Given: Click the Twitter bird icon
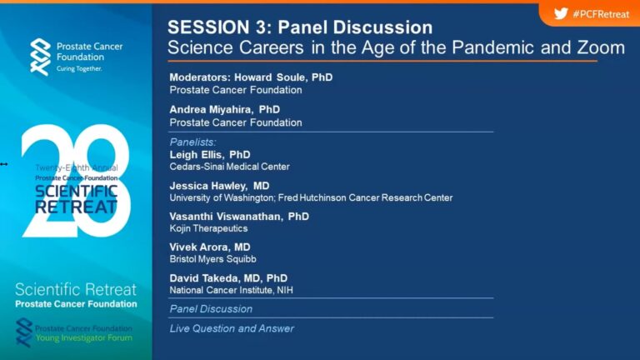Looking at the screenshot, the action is (561, 14).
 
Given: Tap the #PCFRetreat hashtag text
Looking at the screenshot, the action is (601, 14).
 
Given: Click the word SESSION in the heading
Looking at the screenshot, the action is (208, 27).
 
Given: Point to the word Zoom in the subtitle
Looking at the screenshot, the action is (601, 47).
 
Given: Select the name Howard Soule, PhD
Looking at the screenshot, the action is (283, 77).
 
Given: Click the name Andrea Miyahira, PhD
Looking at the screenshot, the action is (225, 109).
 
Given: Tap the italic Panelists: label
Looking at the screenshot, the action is (193, 142).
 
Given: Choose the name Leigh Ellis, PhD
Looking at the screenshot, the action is (210, 155).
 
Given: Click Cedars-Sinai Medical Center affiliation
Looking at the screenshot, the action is (230, 167).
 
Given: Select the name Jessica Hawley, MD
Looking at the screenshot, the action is (220, 186).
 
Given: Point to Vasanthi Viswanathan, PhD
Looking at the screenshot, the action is (239, 217).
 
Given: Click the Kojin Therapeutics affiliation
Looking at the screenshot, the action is (208, 228).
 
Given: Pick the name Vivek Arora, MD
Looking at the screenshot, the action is (210, 247).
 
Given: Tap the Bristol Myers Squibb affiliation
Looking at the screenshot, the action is (213, 259).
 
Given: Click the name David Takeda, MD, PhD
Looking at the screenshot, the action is (228, 278).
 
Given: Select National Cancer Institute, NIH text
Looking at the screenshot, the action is (232, 290).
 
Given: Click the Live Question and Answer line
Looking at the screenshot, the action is (232, 328).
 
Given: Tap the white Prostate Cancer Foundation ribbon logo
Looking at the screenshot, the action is (40, 57).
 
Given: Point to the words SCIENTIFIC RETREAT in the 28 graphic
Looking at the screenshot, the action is (77, 199).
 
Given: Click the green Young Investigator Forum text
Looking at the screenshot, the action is (84, 338).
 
